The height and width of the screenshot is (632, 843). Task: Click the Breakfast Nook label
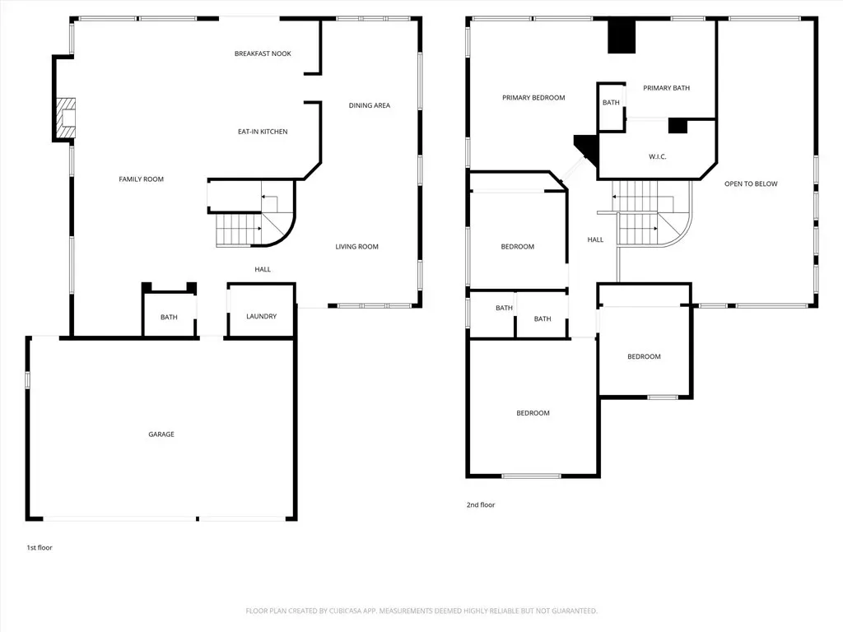coord(263,53)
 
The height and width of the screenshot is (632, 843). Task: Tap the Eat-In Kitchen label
coord(263,132)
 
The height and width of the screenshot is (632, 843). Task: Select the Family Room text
coord(142,179)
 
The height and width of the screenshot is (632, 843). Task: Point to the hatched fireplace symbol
coord(66,118)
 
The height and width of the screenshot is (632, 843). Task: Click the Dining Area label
coord(370,105)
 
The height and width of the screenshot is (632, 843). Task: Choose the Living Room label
coord(357,247)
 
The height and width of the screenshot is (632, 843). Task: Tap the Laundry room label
coord(262,317)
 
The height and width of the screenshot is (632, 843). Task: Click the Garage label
coord(161,434)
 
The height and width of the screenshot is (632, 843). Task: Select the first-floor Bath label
coord(169,317)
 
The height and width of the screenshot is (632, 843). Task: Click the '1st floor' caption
coord(40,547)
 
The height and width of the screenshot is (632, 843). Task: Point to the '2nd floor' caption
coord(481,504)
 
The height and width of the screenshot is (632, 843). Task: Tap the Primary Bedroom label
coord(533,98)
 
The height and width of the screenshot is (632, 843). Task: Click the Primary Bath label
coord(667,88)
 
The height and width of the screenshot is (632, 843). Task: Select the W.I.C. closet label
coord(658,157)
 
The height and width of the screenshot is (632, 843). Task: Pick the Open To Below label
coord(751,184)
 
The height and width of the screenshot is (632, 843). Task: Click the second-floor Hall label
coord(596,239)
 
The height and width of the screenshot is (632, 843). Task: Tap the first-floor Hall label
coord(263,269)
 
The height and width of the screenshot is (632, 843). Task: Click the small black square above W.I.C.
coord(678,126)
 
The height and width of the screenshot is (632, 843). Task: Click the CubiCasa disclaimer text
coord(421,611)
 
